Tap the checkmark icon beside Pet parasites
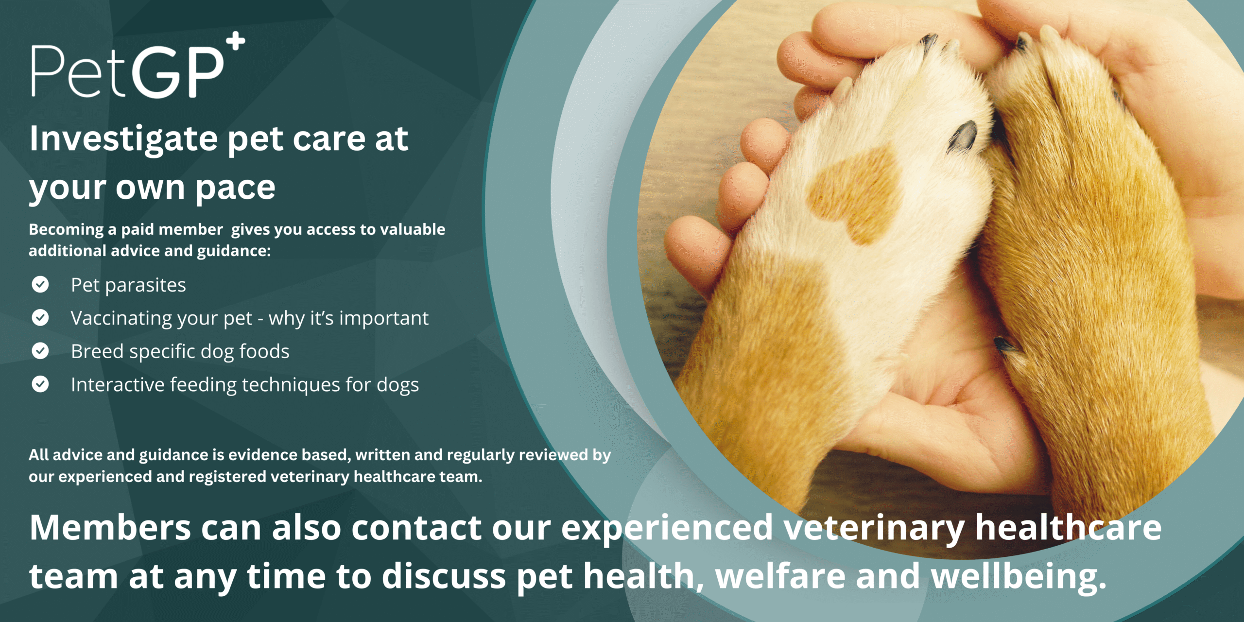(x=40, y=284)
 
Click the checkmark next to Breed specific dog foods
(x=40, y=351)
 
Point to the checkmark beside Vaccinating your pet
(x=40, y=317)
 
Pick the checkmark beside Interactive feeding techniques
(x=40, y=384)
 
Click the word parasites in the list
(x=145, y=286)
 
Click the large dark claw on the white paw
(x=962, y=136)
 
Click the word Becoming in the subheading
(x=66, y=230)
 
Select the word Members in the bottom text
(x=110, y=528)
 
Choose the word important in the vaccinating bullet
(x=384, y=319)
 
